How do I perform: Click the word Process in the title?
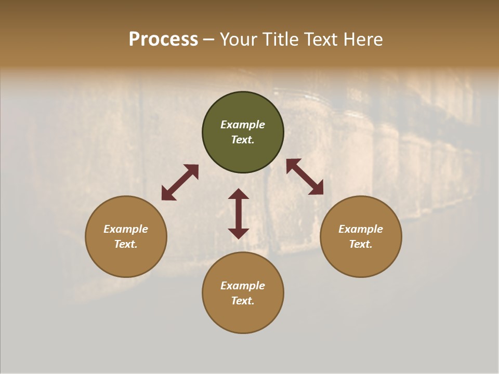(163, 39)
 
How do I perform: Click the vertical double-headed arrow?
(239, 213)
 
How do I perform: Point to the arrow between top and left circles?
(180, 182)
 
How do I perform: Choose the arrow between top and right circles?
(305, 177)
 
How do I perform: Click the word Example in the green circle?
(243, 125)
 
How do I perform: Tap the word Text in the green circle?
(243, 140)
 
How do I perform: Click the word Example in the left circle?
(126, 229)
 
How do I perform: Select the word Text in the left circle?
(126, 244)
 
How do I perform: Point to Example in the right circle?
(361, 229)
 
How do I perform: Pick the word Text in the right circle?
(361, 244)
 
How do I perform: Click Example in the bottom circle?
(243, 286)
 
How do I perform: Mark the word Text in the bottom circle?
(243, 301)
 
